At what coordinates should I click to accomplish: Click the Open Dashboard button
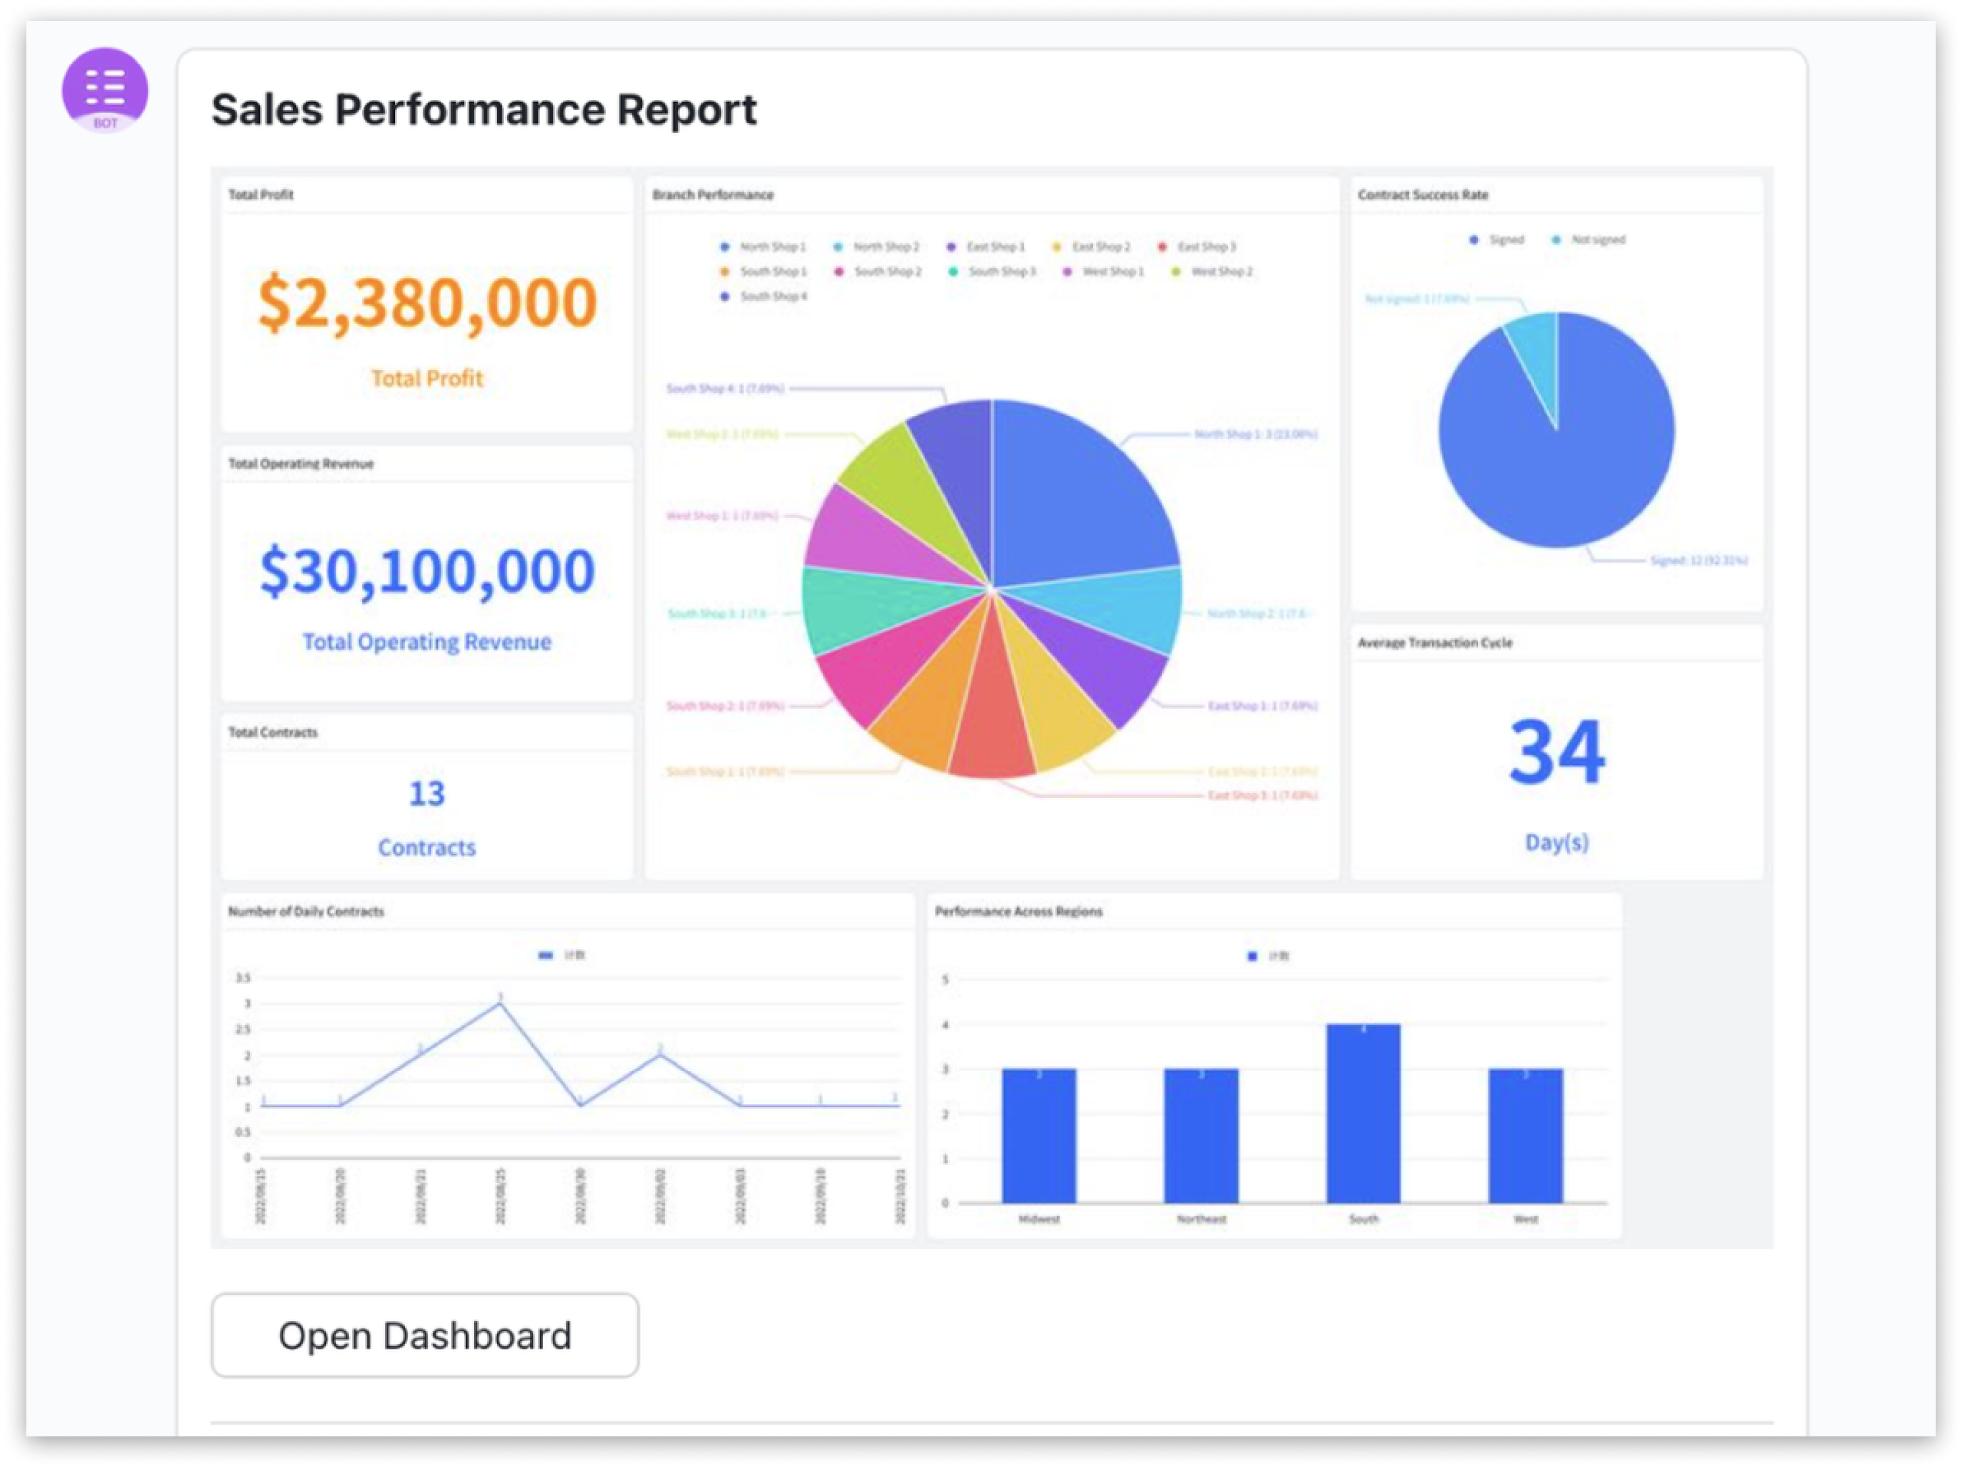(424, 1335)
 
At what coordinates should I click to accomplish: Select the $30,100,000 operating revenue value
(427, 571)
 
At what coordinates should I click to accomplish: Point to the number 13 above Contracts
(427, 793)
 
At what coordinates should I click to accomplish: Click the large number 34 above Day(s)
(1556, 752)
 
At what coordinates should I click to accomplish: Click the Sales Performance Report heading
(483, 110)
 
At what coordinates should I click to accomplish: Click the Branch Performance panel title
(712, 194)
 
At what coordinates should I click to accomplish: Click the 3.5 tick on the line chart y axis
(243, 978)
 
